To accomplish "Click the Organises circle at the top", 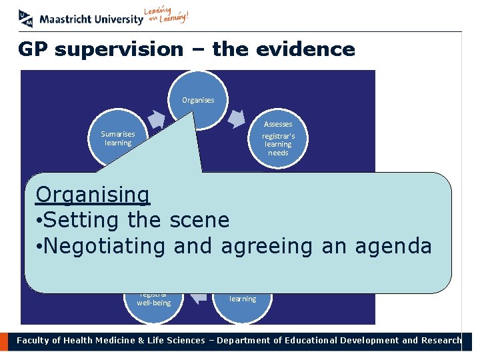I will point(198,100).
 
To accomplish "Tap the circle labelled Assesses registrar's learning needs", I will point(278,139).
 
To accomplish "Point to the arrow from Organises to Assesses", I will point(238,118).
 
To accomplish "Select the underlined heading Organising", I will point(93,195).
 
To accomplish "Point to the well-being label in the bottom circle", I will point(154,303).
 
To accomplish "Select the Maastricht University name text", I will point(91,19).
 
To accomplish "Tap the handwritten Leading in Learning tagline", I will point(167,15).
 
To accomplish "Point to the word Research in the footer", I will point(441,341).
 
